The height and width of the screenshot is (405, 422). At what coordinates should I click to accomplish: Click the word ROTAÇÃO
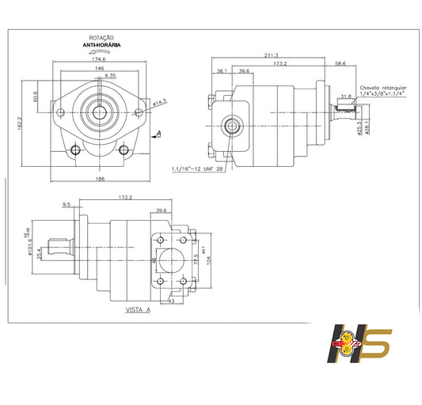103,38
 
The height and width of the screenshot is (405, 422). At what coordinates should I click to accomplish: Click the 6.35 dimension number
112,76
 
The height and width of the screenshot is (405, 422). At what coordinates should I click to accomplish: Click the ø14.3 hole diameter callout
158,102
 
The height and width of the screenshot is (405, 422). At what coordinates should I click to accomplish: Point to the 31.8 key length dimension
345,97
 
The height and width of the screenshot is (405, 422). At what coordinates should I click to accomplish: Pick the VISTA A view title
137,311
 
